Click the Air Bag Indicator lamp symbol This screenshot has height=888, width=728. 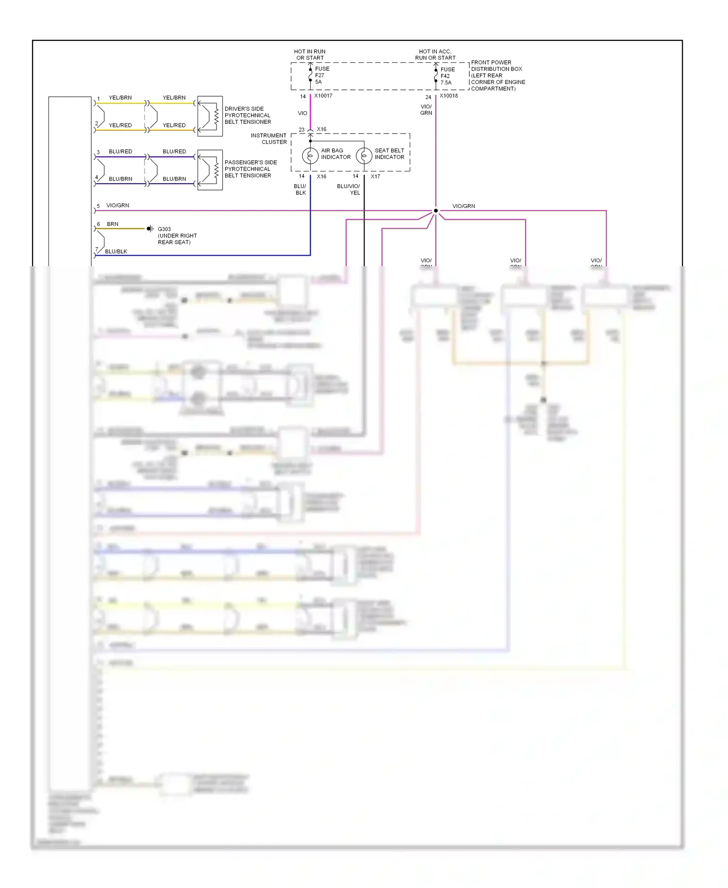[310, 156]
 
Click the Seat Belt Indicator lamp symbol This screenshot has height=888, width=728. [364, 156]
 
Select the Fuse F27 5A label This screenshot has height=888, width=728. [322, 75]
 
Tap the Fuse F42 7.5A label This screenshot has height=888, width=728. [447, 76]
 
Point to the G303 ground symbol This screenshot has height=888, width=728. [150, 228]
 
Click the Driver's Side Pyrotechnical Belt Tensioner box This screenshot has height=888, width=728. [210, 116]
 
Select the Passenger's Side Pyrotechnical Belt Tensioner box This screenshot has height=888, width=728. [210, 170]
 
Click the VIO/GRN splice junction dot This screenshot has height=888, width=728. [435, 211]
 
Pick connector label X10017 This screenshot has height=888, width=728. [323, 96]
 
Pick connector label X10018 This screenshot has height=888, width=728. [448, 96]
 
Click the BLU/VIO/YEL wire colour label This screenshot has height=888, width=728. [348, 189]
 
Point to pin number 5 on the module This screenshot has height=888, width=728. [98, 206]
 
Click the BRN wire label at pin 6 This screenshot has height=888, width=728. [113, 224]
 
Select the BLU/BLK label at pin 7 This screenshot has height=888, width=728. [116, 252]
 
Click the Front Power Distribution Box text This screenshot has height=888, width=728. [497, 75]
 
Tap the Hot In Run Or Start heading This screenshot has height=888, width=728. [310, 54]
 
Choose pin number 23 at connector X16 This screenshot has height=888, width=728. [301, 130]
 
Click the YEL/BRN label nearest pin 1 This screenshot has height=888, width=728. [120, 98]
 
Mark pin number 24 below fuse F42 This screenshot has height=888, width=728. [428, 97]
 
